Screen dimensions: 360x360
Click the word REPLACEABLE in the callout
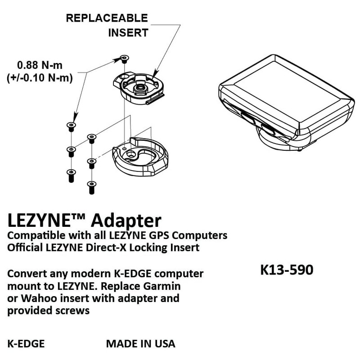click(107, 18)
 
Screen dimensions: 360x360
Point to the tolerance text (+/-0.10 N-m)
click(40, 77)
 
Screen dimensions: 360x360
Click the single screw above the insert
click(124, 58)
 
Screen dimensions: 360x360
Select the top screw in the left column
click(71, 126)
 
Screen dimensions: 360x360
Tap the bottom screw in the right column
click(92, 186)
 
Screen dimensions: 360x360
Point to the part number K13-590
click(287, 270)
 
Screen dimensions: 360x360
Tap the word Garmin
click(164, 286)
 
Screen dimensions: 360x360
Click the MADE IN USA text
click(140, 344)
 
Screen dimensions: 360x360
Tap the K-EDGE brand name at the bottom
click(26, 344)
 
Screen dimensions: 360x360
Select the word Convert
click(27, 274)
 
